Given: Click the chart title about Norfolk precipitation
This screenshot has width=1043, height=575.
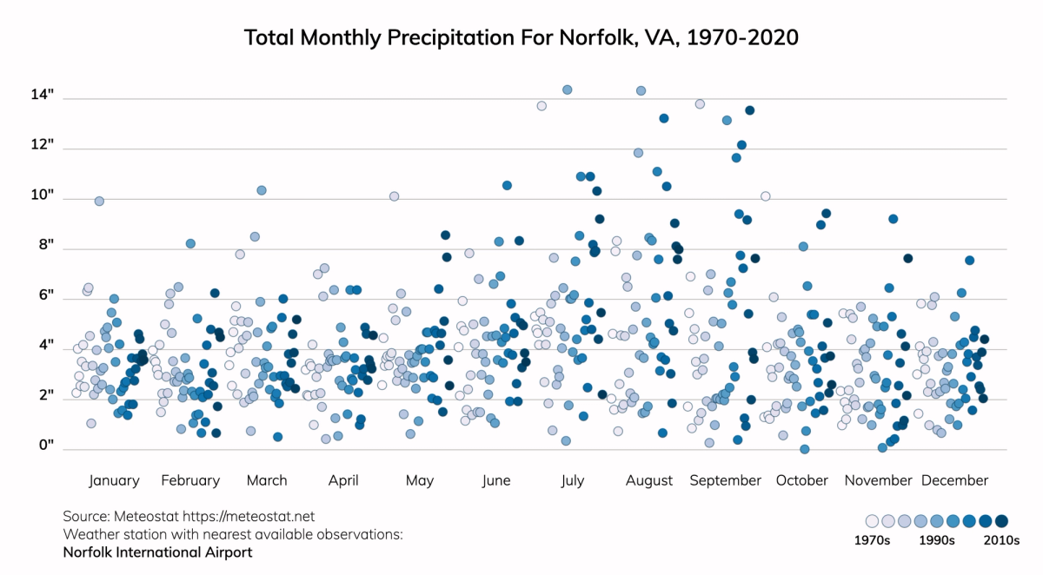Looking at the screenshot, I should [x=521, y=38].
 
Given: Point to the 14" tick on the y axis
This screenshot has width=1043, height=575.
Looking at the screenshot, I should [x=43, y=95].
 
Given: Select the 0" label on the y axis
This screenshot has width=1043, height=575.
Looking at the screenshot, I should [x=46, y=446].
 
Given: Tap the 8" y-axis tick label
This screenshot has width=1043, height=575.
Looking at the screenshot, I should [x=46, y=246].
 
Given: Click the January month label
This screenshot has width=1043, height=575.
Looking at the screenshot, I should [x=114, y=480].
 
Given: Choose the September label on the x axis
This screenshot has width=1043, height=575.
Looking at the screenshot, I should [x=726, y=480].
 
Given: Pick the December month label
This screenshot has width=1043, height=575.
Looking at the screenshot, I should [x=954, y=480].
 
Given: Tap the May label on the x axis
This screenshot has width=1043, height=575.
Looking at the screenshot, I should [x=420, y=480].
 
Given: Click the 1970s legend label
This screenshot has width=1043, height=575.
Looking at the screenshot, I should [x=872, y=540].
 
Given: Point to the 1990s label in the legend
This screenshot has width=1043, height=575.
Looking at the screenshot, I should [x=937, y=540].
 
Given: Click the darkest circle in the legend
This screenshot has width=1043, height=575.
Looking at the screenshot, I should [x=1001, y=521].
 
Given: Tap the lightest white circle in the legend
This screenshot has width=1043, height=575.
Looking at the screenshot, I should [x=872, y=521].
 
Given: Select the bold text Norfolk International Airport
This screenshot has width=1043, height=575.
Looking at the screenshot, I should [x=157, y=552].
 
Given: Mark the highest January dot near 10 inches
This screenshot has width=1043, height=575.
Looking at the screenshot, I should [x=99, y=201].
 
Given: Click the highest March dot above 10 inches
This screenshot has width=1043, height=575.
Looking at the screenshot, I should [x=262, y=190].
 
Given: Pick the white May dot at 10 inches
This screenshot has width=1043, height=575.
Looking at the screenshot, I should [x=394, y=196].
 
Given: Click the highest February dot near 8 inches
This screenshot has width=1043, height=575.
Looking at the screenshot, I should [x=190, y=243].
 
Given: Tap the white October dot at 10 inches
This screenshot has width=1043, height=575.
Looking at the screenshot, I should [x=766, y=196].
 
